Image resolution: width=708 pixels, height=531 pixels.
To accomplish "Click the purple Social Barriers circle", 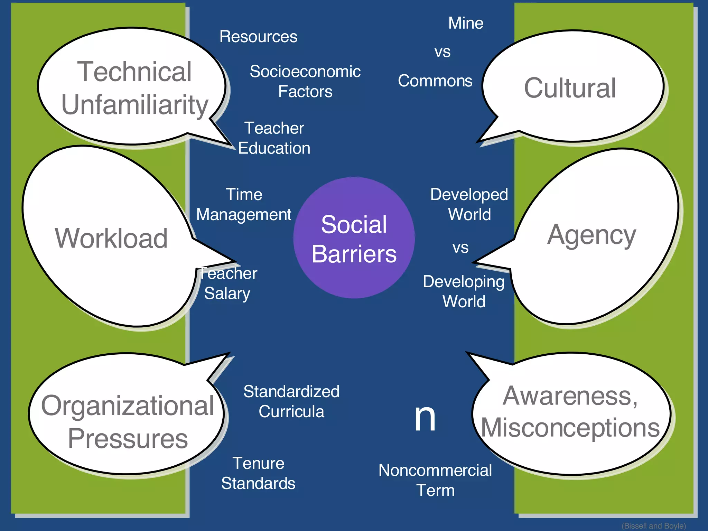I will [x=354, y=238].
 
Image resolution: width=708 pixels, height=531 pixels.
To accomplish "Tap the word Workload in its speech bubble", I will [x=111, y=239].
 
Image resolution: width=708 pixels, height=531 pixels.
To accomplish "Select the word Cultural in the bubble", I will [x=570, y=88].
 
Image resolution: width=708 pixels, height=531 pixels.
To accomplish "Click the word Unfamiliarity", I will [x=135, y=105].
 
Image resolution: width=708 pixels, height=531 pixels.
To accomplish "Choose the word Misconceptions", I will [x=570, y=428].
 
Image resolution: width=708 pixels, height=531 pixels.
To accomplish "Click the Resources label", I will [x=258, y=37].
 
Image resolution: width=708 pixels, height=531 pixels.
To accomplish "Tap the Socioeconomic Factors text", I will [x=305, y=82].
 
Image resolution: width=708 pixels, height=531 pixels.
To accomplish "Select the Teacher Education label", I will [x=274, y=138].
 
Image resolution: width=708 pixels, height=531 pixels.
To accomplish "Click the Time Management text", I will [x=244, y=205].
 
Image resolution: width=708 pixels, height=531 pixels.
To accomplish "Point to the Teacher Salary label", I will [x=228, y=283].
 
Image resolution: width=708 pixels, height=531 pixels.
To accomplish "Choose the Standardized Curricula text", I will [x=291, y=402].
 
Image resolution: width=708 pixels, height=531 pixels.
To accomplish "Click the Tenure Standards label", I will [x=258, y=473].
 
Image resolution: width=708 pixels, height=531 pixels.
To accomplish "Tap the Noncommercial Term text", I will [x=435, y=480].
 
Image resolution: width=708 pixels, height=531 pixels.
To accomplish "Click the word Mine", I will [x=466, y=23].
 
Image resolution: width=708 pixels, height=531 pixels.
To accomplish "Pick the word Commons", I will [x=435, y=81].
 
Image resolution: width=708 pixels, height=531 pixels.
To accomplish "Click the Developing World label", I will [x=464, y=291].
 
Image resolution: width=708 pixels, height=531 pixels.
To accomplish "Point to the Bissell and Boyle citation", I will [x=654, y=526].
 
